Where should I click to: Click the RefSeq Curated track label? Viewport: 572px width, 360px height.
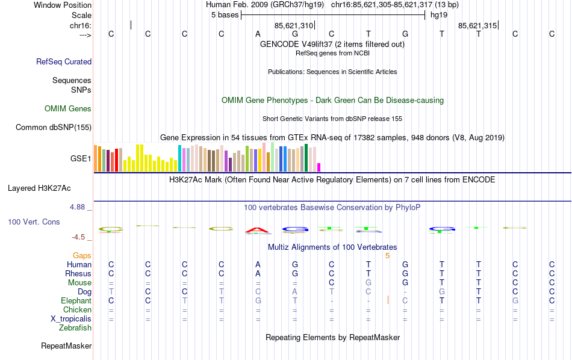point(64,61)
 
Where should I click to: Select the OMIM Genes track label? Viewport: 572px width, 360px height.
point(68,109)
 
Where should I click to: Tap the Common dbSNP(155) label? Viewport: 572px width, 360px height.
point(54,127)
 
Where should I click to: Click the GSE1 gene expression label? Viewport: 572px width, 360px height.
point(81,159)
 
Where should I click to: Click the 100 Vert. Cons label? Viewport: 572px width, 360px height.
point(34,222)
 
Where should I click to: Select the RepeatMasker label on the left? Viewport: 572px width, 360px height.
point(66,346)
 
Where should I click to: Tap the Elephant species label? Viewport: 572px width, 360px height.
point(76,300)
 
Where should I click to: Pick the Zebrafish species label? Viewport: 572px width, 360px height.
point(75,328)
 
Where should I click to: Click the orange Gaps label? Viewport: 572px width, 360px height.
point(82,256)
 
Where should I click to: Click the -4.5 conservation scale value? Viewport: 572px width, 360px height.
point(79,237)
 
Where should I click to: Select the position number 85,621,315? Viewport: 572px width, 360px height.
point(477,26)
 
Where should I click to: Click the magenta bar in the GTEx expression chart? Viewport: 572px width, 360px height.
point(319,167)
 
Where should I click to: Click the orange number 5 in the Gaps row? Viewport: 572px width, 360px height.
point(388,256)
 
